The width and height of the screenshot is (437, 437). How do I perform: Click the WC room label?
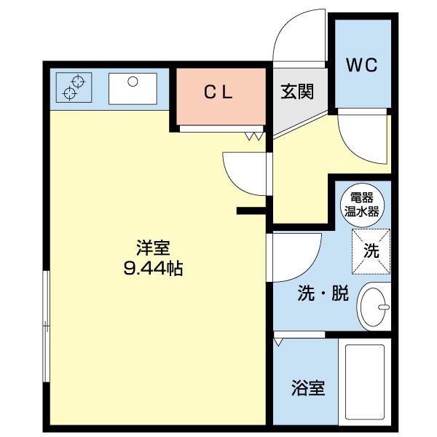(362, 66)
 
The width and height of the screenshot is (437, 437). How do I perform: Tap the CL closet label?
(219, 92)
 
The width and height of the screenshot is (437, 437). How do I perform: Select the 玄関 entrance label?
(297, 91)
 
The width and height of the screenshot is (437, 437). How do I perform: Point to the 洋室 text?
(153, 248)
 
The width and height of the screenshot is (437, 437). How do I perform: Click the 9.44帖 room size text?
(153, 268)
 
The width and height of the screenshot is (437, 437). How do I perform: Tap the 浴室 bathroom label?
(308, 388)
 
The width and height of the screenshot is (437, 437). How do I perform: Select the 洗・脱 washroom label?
(323, 294)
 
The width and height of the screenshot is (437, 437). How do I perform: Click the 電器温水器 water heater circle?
(362, 205)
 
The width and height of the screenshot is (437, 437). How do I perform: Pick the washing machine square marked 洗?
(371, 252)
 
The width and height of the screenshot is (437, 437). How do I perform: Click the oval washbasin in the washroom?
(373, 307)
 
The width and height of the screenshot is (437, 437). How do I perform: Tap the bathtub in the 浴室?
(365, 382)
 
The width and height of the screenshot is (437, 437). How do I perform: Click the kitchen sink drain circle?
(133, 82)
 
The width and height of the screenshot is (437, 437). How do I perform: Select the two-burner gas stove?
(74, 87)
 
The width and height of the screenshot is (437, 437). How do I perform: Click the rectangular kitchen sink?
(133, 89)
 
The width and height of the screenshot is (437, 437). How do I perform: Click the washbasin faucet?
(384, 307)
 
